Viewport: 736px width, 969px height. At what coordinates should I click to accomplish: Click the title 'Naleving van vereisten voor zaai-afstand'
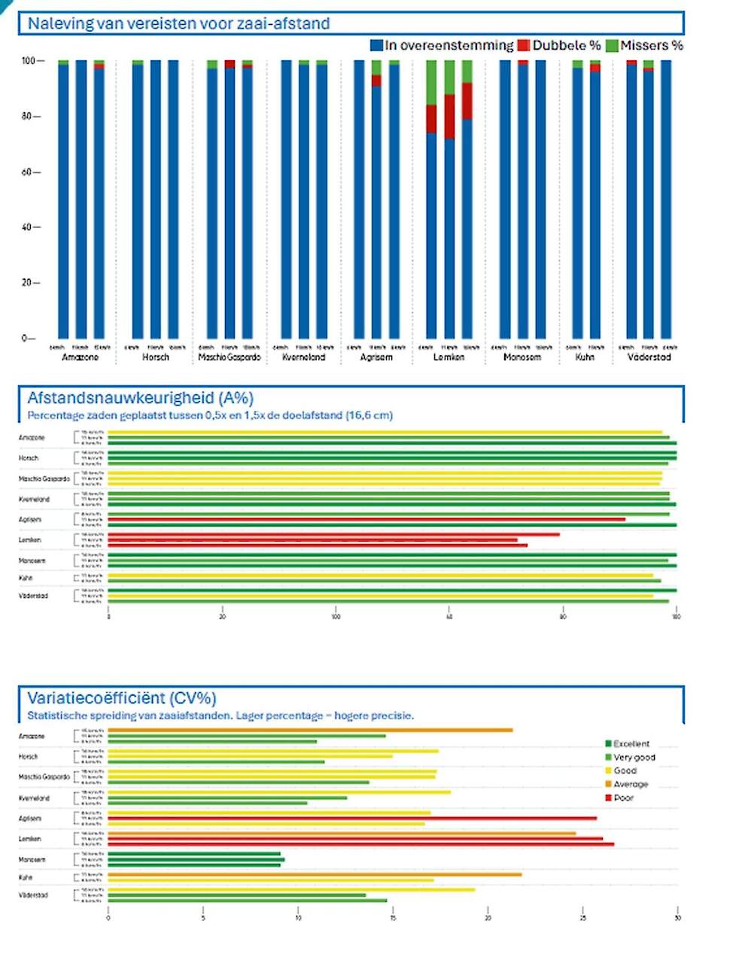pos(178,23)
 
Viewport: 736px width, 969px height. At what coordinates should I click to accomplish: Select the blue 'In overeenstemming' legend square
pos(377,46)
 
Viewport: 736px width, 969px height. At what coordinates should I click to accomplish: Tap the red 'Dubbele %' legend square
pos(524,46)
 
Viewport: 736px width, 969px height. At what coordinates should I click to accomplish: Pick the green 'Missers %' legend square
pos(612,46)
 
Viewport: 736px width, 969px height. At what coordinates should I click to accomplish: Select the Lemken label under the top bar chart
pos(449,357)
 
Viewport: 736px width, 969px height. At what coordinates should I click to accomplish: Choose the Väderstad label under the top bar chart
pos(649,357)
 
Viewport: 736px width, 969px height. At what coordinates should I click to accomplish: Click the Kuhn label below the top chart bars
pos(585,357)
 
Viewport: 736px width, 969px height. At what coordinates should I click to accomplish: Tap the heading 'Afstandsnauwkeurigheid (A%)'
pos(140,398)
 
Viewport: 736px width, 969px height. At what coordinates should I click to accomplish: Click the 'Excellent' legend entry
pos(631,744)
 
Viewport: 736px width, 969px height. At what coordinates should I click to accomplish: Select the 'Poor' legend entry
pos(623,798)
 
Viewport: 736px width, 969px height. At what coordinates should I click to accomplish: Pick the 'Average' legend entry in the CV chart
pos(630,785)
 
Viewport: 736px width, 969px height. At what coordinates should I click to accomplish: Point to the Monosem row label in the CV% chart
pos(32,859)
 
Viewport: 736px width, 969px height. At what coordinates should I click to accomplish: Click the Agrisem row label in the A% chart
pos(30,520)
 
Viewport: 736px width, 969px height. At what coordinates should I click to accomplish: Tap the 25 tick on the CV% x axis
pos(582,918)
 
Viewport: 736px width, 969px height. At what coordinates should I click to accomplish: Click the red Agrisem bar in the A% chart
pos(366,519)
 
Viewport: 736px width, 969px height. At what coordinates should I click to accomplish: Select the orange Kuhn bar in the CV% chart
pos(315,874)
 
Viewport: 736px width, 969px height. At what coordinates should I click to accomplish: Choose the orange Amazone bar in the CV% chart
pos(310,730)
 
